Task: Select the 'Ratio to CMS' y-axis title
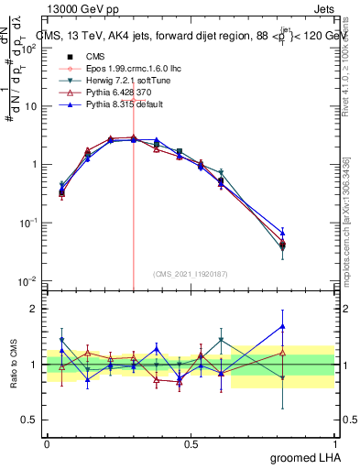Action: point(13,365)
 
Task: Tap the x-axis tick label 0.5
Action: point(191,442)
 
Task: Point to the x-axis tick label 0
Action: point(47,442)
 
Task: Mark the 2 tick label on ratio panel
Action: point(35,309)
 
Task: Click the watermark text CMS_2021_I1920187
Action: point(191,274)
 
